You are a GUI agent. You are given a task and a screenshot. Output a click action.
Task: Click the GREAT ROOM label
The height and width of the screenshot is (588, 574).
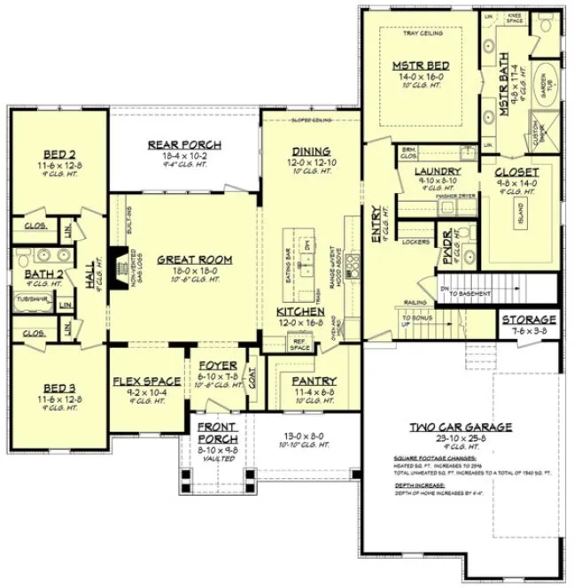tap(194, 259)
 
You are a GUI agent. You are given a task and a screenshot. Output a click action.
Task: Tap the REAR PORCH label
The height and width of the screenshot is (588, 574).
tap(184, 145)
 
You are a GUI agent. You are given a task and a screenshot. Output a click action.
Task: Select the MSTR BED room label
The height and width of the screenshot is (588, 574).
tap(421, 66)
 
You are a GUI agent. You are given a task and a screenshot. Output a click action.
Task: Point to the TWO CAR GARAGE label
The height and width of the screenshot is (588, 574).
tap(460, 428)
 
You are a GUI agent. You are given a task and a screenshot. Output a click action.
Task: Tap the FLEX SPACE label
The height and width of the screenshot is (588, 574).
tap(147, 382)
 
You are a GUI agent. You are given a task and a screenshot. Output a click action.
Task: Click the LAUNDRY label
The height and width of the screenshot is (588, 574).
tap(436, 171)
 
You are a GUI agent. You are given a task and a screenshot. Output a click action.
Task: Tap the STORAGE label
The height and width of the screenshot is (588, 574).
tap(529, 320)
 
